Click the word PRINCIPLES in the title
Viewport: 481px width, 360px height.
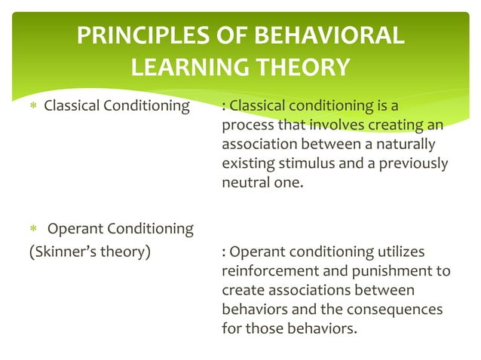(x=143, y=35)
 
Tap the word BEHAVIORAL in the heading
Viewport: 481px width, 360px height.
(x=329, y=35)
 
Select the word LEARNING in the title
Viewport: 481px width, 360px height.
(x=190, y=67)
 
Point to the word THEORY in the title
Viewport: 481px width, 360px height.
(x=303, y=67)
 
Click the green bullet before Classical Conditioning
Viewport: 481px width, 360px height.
(x=33, y=105)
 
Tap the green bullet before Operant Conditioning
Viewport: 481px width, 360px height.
(x=33, y=228)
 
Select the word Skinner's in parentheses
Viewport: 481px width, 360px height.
(x=65, y=252)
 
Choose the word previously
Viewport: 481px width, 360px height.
(x=413, y=164)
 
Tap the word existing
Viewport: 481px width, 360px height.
(x=248, y=164)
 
